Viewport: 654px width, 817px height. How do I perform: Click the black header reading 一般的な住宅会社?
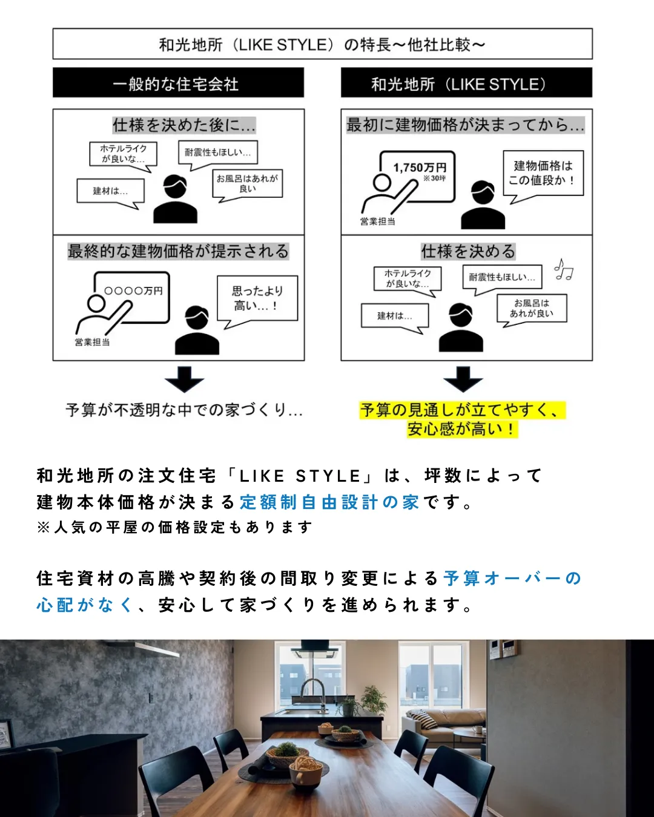pyautogui.click(x=178, y=83)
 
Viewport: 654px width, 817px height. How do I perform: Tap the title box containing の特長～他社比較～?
pyautogui.click(x=322, y=44)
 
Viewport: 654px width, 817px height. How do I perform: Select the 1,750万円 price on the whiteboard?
pyautogui.click(x=420, y=168)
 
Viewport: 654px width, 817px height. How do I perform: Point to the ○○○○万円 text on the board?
pyautogui.click(x=133, y=291)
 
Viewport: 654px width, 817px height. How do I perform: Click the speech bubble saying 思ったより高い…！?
pyautogui.click(x=257, y=298)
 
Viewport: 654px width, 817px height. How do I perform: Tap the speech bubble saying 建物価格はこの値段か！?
pyautogui.click(x=543, y=173)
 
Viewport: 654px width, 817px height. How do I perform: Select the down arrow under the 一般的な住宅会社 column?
pyautogui.click(x=184, y=379)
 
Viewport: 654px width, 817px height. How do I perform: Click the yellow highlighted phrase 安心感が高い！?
pyautogui.click(x=462, y=429)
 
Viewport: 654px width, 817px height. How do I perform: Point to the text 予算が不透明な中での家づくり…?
pyautogui.click(x=184, y=410)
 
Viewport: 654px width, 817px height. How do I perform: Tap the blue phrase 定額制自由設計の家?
pyautogui.click(x=329, y=502)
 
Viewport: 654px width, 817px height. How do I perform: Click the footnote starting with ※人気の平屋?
pyautogui.click(x=174, y=528)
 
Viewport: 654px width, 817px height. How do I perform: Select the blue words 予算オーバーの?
pyautogui.click(x=512, y=579)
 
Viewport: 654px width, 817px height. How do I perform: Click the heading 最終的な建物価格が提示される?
pyautogui.click(x=178, y=251)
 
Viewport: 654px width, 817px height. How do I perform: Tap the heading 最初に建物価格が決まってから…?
pyautogui.click(x=465, y=125)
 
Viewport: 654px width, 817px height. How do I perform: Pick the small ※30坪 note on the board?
pyautogui.click(x=434, y=179)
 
